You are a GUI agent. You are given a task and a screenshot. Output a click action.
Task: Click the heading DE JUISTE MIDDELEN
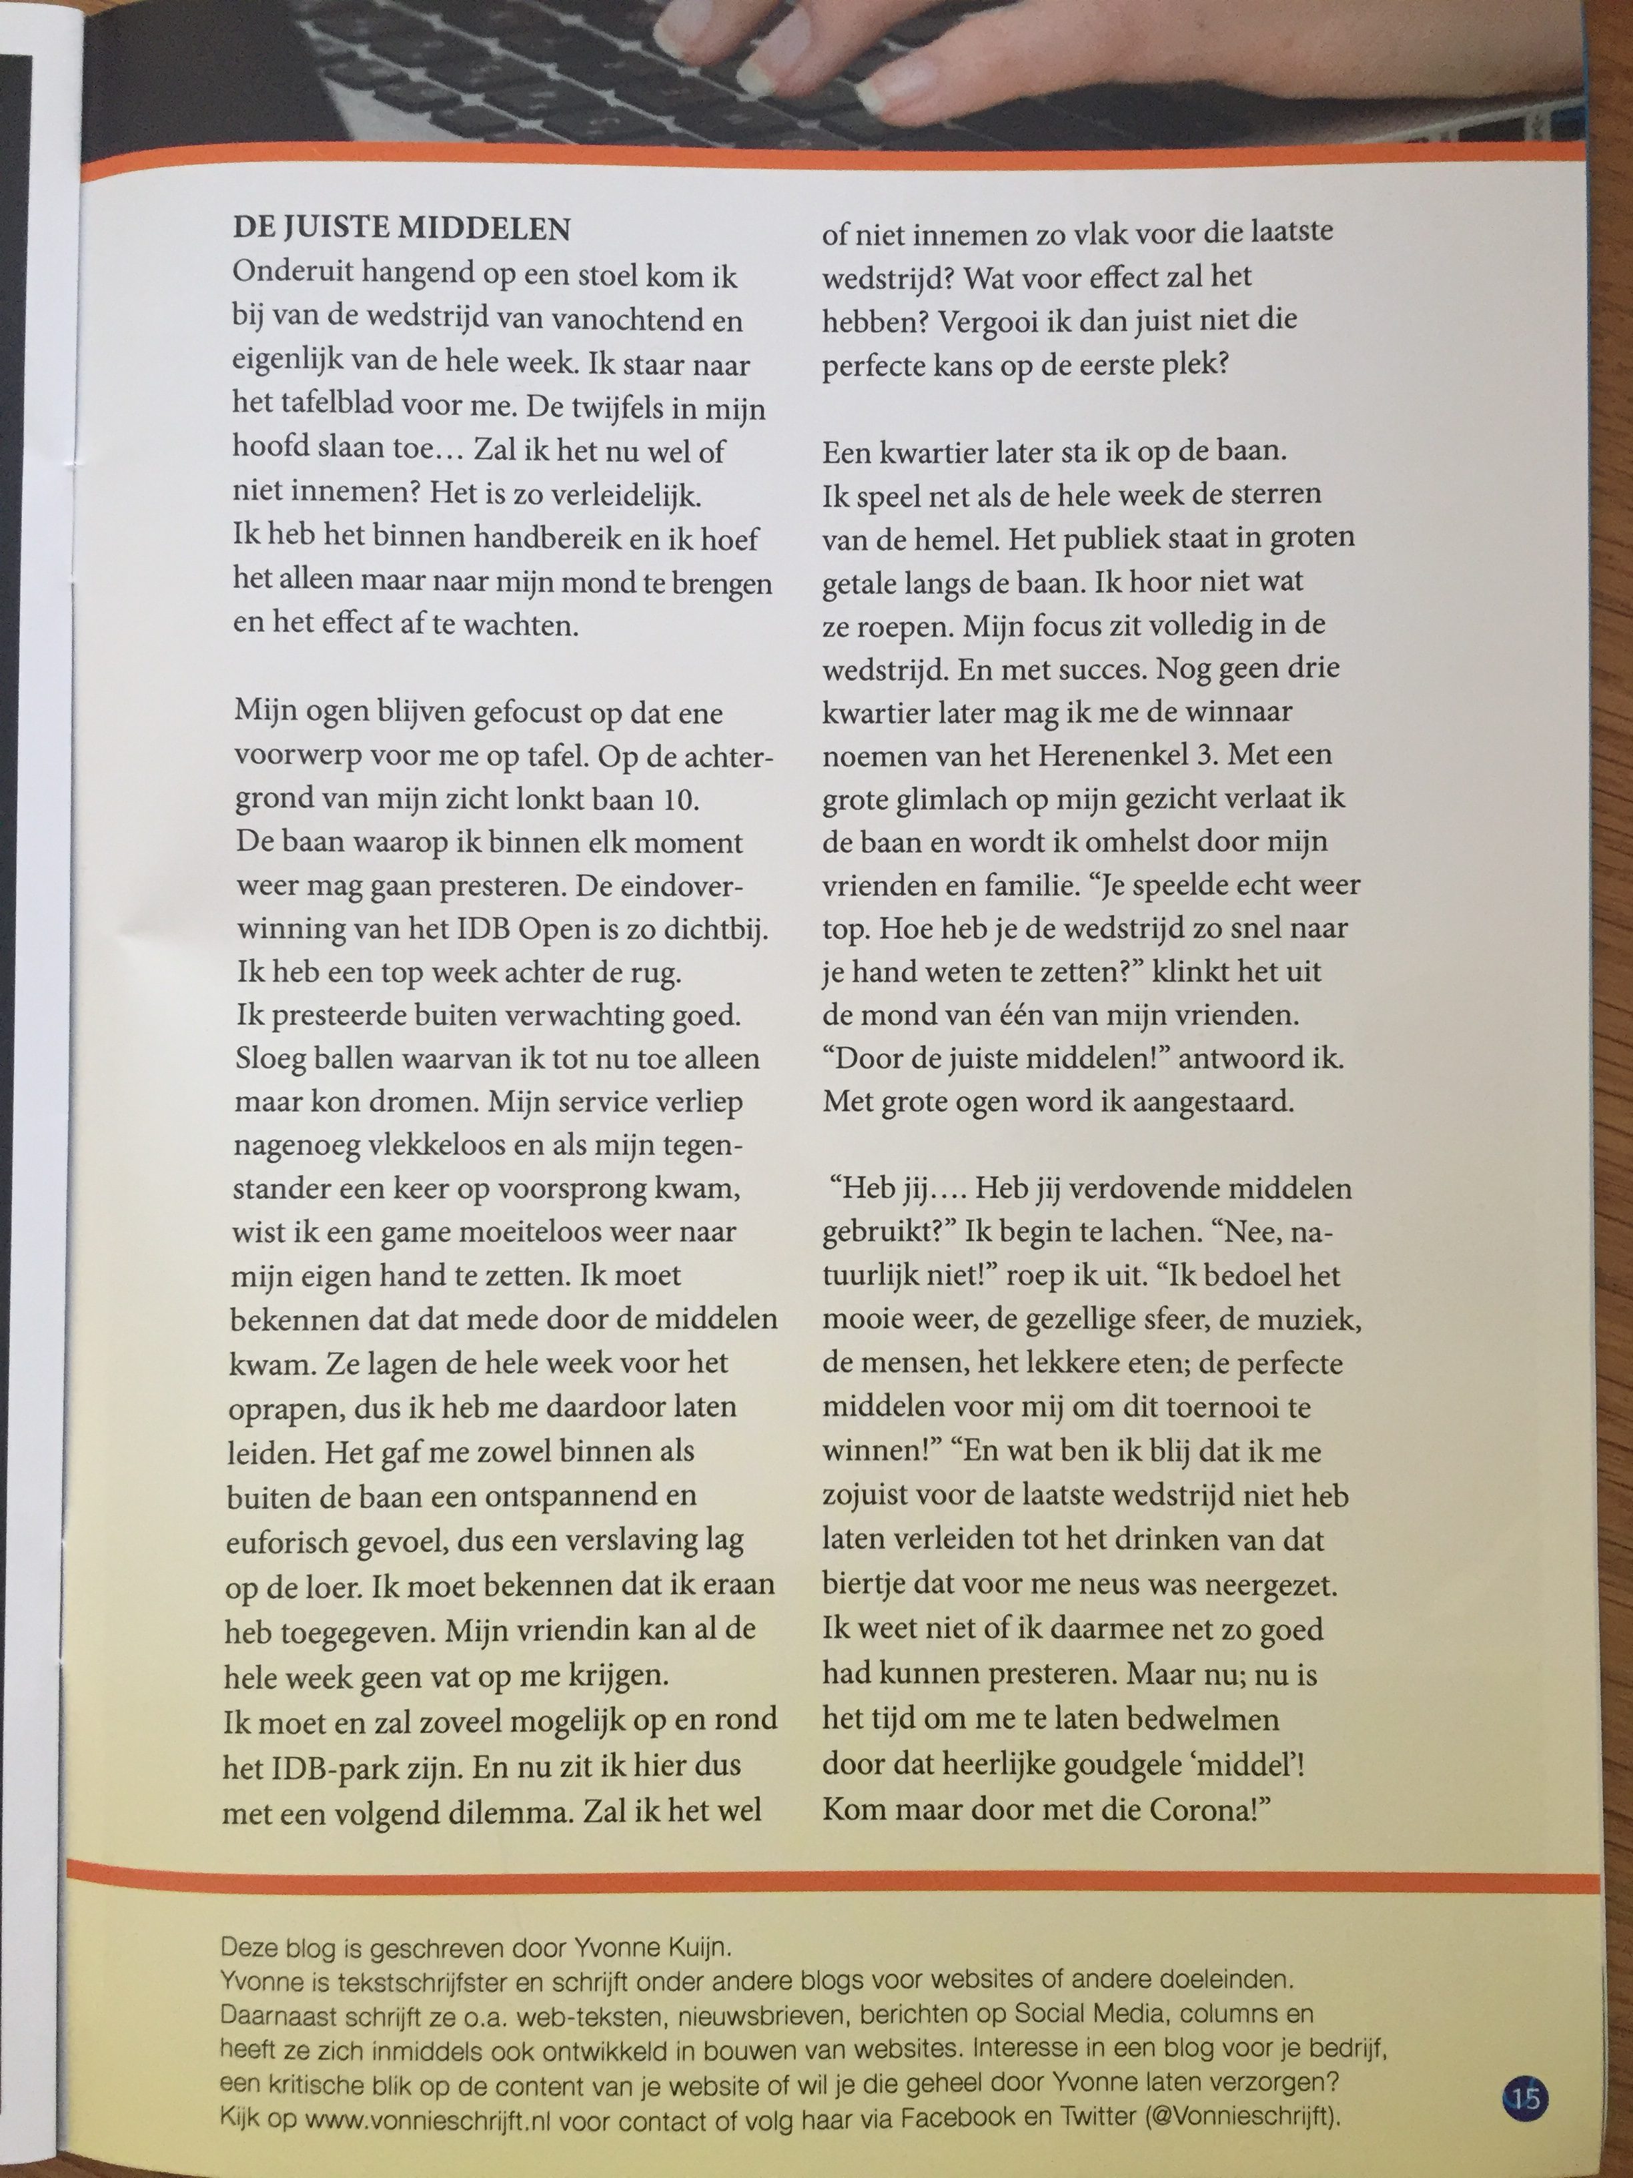[x=402, y=228]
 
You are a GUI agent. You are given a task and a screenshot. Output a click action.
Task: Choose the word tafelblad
[x=352, y=408]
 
